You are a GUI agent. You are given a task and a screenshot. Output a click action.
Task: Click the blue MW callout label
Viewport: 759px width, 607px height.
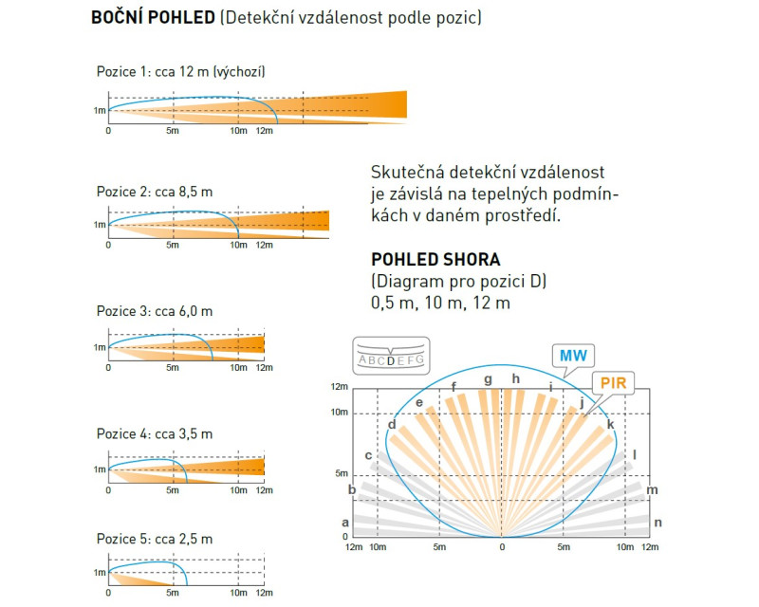(x=573, y=356)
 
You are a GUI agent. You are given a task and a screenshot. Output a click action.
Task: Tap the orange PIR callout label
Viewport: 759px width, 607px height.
(x=613, y=383)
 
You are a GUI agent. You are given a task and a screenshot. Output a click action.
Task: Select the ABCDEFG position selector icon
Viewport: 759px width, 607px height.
(x=391, y=356)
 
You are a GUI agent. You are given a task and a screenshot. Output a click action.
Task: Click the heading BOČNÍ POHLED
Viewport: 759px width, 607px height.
(x=153, y=17)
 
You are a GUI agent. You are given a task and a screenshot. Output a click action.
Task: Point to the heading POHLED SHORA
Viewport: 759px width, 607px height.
(x=435, y=260)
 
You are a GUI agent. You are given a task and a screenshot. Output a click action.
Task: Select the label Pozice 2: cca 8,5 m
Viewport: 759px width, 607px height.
(x=155, y=192)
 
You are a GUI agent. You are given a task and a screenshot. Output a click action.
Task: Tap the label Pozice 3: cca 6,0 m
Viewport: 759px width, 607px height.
(x=155, y=311)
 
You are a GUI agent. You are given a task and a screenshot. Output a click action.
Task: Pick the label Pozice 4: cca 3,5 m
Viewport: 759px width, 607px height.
(x=155, y=433)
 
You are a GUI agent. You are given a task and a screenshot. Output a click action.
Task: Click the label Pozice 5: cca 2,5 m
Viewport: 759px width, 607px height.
(x=155, y=539)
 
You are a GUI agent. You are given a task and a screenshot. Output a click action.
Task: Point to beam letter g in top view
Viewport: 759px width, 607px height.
(x=488, y=379)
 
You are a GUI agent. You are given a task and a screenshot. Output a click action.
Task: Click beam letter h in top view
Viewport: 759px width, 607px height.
(x=516, y=378)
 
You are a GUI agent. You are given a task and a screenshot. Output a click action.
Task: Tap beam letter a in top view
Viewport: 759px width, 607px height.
(x=345, y=523)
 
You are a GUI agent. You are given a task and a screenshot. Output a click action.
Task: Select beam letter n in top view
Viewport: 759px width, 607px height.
(x=657, y=523)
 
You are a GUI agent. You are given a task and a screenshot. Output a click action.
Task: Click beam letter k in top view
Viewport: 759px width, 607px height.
(x=610, y=425)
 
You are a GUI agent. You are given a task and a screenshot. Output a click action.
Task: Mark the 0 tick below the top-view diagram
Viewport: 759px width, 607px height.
(x=502, y=547)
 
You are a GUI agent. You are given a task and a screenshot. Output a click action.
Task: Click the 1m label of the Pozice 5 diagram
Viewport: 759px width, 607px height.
(x=100, y=573)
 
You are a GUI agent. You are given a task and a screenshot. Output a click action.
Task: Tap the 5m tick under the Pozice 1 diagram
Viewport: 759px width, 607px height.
(x=173, y=131)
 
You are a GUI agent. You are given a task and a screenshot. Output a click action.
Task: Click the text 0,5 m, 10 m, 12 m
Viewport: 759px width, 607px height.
(x=440, y=303)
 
